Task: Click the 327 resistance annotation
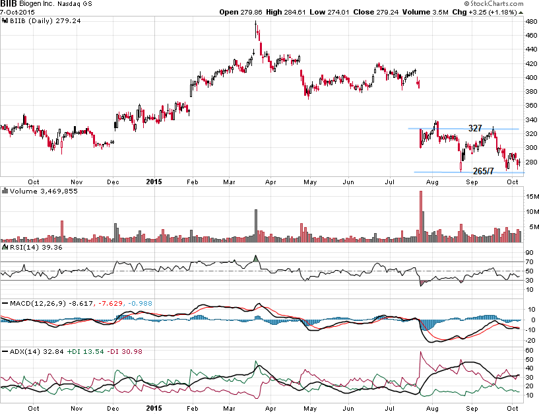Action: (476, 127)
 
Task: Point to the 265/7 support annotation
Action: (484, 171)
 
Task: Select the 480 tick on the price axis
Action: (531, 21)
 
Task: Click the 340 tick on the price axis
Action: (531, 120)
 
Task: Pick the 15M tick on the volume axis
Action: (531, 197)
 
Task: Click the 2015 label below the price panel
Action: (154, 180)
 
